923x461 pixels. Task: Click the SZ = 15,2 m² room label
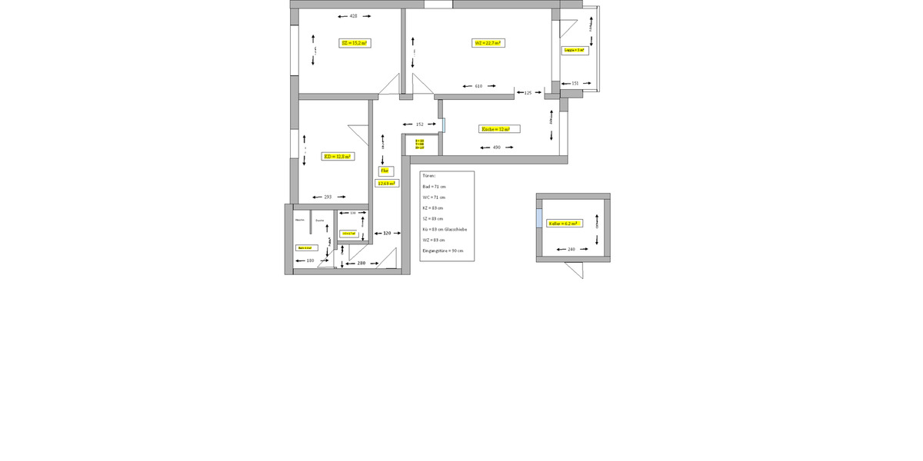click(355, 43)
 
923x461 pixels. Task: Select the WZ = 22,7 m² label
click(488, 43)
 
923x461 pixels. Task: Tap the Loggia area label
click(575, 50)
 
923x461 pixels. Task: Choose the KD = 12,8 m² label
click(337, 156)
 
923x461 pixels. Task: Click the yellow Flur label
click(385, 171)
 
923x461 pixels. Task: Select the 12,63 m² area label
click(385, 184)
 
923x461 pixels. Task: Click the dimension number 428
click(353, 16)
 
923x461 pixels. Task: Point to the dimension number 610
click(478, 86)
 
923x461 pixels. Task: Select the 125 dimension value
click(528, 93)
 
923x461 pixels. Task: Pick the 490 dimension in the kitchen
click(497, 148)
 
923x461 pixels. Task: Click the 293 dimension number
click(327, 197)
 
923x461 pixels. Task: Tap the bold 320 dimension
click(388, 233)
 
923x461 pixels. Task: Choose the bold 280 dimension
click(362, 264)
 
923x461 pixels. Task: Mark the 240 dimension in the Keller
click(571, 250)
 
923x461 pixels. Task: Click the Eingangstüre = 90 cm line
click(443, 251)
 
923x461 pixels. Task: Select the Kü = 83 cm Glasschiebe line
click(445, 230)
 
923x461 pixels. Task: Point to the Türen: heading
click(428, 176)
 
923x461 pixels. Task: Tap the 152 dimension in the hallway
click(419, 124)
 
